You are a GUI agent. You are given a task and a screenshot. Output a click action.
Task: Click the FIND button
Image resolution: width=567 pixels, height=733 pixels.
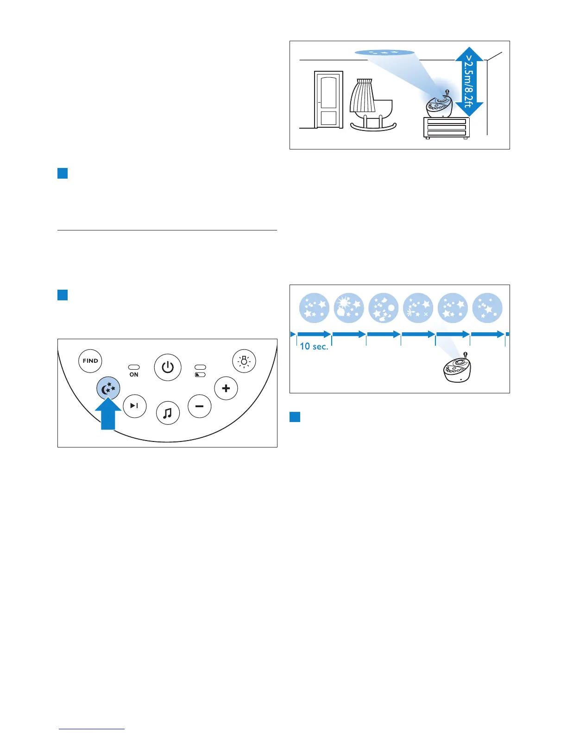pos(90,361)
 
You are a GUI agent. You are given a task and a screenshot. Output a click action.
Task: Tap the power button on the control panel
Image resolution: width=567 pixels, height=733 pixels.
pos(167,367)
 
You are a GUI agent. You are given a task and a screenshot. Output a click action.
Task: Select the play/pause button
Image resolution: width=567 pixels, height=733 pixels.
pos(135,406)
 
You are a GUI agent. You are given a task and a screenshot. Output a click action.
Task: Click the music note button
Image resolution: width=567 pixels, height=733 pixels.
pos(168,413)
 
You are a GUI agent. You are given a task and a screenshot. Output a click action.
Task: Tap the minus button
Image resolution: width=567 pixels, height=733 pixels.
pos(200,406)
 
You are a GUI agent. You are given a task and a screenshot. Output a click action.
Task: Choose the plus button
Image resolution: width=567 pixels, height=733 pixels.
pos(226,388)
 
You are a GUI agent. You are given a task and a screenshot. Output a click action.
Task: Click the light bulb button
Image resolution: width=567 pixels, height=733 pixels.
pos(244,361)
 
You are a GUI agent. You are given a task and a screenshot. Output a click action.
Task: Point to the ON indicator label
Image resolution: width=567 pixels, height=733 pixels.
pos(134,374)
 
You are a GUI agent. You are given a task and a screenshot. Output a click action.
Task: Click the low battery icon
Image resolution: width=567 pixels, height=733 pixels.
pos(200,375)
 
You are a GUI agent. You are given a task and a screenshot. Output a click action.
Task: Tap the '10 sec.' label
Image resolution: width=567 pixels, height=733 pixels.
pos(314,346)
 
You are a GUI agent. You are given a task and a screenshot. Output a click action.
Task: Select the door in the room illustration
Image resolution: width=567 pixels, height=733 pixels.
pos(328,99)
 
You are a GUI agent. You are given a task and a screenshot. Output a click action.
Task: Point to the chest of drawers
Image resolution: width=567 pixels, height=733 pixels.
pos(447,127)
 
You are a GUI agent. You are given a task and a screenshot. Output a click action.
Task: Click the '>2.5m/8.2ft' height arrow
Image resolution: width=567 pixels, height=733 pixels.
pos(469,81)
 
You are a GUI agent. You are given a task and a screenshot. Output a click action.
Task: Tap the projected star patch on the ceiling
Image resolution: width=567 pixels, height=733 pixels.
pos(384,52)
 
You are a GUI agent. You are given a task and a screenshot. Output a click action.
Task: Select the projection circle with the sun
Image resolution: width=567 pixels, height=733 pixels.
pos(349,308)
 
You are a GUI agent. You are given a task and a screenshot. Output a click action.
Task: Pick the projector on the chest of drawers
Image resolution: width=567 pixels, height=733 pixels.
pos(439,106)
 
